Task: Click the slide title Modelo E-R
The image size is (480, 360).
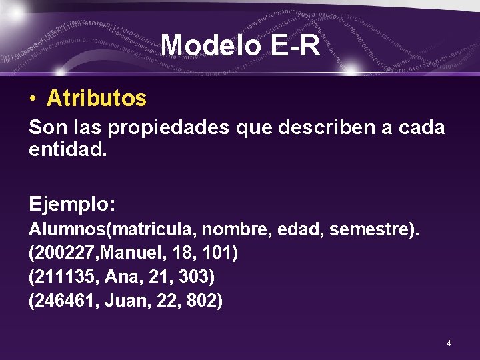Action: click(241, 45)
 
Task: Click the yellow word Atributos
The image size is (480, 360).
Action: click(96, 99)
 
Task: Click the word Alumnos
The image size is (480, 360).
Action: click(67, 230)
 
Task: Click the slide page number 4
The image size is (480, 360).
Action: click(449, 343)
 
